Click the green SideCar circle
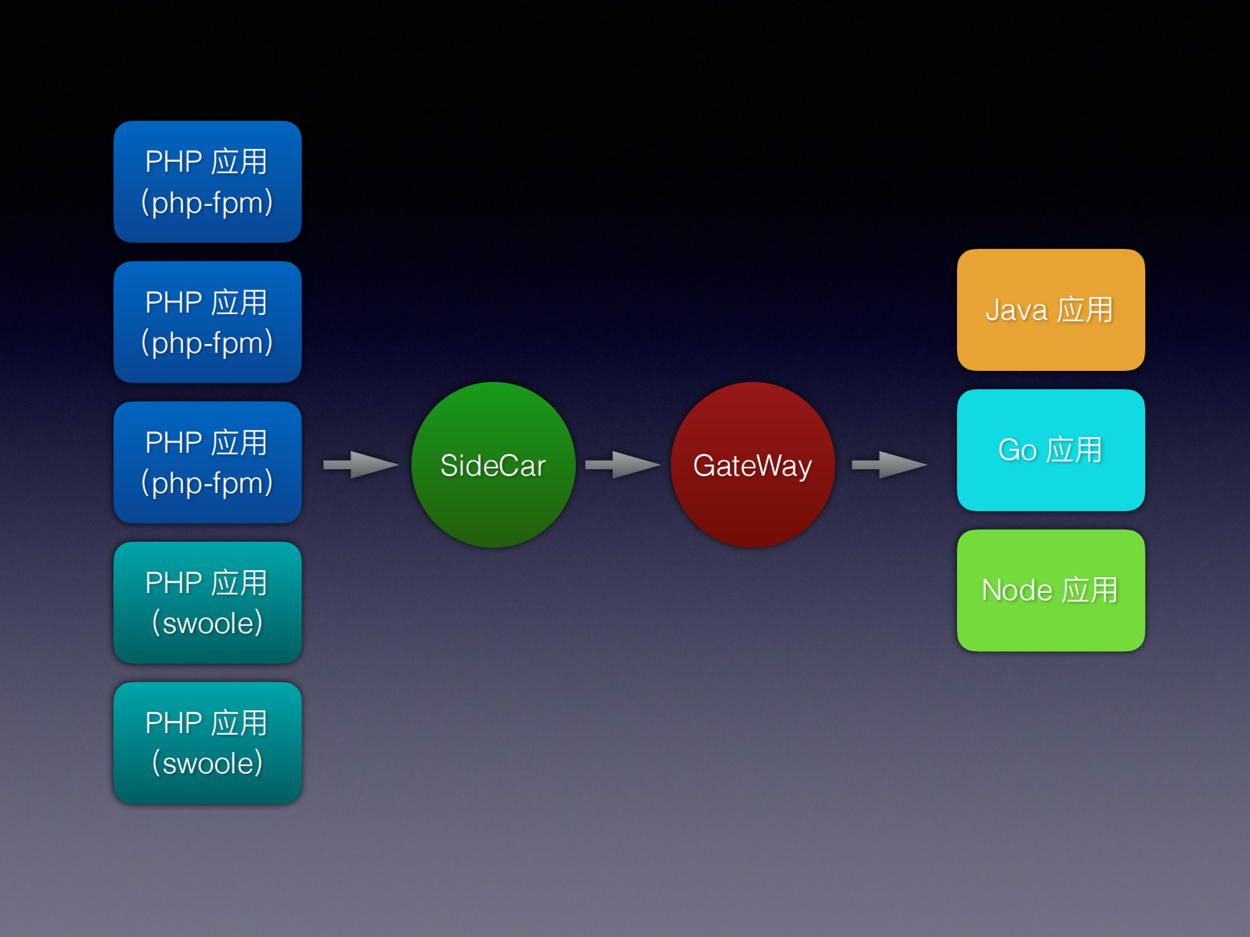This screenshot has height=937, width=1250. [x=493, y=465]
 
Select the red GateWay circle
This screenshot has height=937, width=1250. [x=752, y=465]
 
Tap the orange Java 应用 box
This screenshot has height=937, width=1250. [x=1051, y=309]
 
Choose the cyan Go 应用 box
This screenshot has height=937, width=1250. [x=1051, y=450]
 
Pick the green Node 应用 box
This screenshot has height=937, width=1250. [x=1051, y=590]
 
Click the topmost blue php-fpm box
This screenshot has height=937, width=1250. [x=207, y=181]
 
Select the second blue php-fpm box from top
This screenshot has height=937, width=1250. [x=207, y=321]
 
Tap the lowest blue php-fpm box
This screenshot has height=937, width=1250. [x=207, y=462]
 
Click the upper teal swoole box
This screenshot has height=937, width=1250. [x=207, y=602]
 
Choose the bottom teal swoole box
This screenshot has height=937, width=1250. [x=207, y=743]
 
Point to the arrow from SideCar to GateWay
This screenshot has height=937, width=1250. [x=622, y=465]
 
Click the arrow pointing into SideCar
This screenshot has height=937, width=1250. [x=361, y=465]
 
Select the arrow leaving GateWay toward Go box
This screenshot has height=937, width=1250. [x=889, y=465]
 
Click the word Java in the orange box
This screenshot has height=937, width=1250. [x=1016, y=310]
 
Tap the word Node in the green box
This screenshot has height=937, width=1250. [x=1017, y=591]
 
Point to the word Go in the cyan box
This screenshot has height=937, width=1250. [x=1018, y=450]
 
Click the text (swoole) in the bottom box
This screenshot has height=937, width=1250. [x=207, y=763]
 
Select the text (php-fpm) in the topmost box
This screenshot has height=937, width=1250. [x=207, y=202]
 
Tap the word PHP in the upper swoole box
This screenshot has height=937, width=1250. [x=174, y=583]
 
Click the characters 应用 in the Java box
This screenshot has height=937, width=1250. [x=1085, y=310]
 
